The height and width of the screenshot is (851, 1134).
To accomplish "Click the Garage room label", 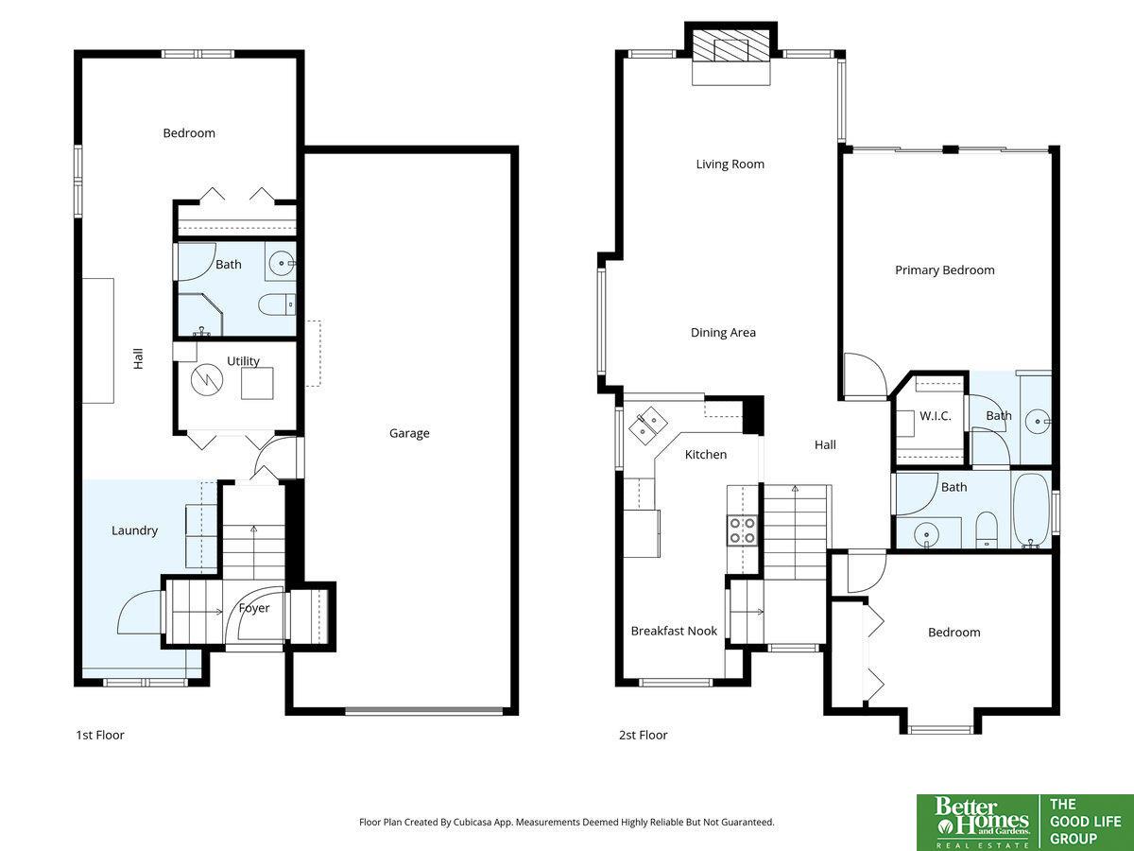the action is [x=409, y=433].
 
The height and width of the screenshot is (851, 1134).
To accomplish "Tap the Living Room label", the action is [x=730, y=165].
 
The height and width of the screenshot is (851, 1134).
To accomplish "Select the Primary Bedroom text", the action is [x=944, y=270].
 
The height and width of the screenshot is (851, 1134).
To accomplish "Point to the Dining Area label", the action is [x=723, y=332].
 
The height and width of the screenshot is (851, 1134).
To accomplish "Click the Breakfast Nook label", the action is [x=674, y=631].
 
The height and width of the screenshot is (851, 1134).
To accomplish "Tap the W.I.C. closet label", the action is [x=936, y=416].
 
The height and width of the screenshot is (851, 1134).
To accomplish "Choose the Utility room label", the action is [x=243, y=361].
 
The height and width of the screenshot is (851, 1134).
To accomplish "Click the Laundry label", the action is [x=134, y=530].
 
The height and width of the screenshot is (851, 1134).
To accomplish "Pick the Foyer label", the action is [x=254, y=608].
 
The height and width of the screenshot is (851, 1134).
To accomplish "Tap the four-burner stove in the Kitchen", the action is [x=743, y=530].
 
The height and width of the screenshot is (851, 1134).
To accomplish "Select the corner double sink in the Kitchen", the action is [x=648, y=425].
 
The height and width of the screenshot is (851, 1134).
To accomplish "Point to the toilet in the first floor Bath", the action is [x=276, y=304].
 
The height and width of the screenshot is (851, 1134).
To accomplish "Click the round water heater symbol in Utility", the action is [x=207, y=380].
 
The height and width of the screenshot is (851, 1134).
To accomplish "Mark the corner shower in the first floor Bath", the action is [x=200, y=315].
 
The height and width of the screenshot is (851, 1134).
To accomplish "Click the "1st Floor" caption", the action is [x=100, y=735].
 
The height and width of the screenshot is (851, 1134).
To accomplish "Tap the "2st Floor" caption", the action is [x=644, y=735].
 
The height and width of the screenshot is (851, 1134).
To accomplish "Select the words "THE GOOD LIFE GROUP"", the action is [x=1085, y=822].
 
